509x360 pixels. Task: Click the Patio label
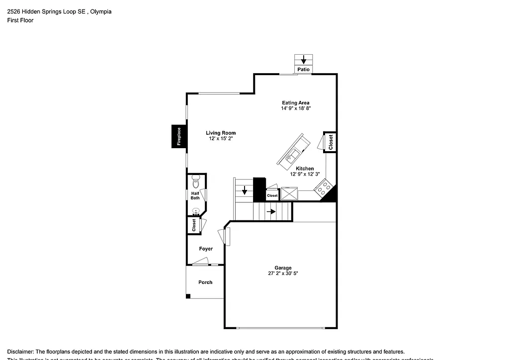coord(303,70)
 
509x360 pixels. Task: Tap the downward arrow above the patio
coord(303,59)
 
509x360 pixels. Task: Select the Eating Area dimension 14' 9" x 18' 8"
coord(296,108)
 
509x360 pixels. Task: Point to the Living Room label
coord(221,133)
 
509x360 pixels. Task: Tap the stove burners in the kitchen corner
coord(324,187)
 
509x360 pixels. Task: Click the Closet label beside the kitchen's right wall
coord(331,142)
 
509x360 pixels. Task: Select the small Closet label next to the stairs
coord(272,196)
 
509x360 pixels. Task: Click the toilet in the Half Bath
coord(195,181)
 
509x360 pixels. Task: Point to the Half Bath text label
coord(195,195)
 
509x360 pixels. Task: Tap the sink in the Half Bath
coord(195,211)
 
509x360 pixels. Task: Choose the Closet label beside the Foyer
coord(194,225)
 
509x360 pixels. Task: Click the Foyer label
coord(206,249)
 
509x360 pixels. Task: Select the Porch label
coord(205,282)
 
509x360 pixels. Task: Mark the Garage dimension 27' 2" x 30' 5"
coord(283,273)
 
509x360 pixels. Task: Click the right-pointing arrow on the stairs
coord(271,211)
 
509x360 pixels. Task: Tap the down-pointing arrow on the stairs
coord(245,190)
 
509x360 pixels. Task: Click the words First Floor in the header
coord(20,20)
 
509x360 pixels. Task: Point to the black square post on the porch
coord(188,297)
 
